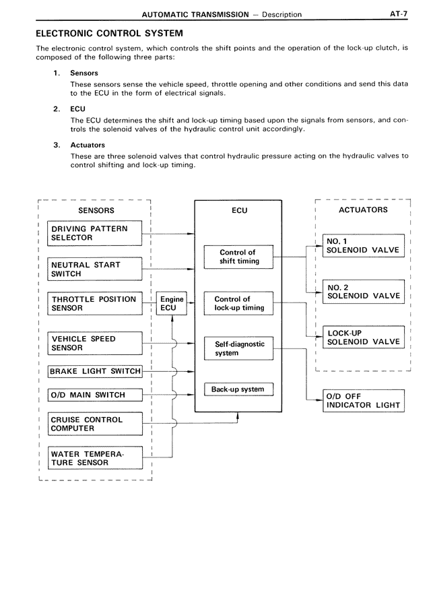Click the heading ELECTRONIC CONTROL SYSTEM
[108, 32]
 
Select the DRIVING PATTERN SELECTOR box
[95, 233]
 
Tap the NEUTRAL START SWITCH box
[95, 269]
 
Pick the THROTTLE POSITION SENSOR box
[95, 303]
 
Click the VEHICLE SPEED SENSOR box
[95, 344]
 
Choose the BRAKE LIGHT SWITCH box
[95, 371]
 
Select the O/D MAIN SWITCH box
[95, 395]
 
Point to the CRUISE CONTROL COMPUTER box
[95, 424]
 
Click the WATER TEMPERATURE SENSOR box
[95, 458]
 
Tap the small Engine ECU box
[172, 304]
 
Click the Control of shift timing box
[238, 257]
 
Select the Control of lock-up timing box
[238, 303]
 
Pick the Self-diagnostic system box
[238, 348]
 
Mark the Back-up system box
[238, 389]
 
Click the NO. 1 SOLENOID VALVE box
[363, 246]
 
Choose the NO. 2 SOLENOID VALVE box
[363, 291]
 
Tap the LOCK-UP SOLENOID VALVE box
[363, 338]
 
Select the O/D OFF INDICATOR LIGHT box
[363, 401]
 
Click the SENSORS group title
[96, 210]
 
